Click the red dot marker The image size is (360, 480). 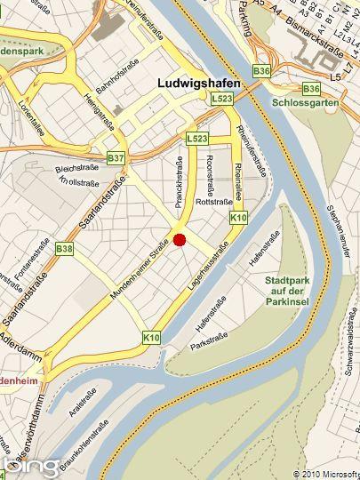click(x=179, y=239)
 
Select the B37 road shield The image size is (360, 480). click(x=116, y=158)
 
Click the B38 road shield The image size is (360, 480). click(x=64, y=249)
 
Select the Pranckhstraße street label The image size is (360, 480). click(x=179, y=182)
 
